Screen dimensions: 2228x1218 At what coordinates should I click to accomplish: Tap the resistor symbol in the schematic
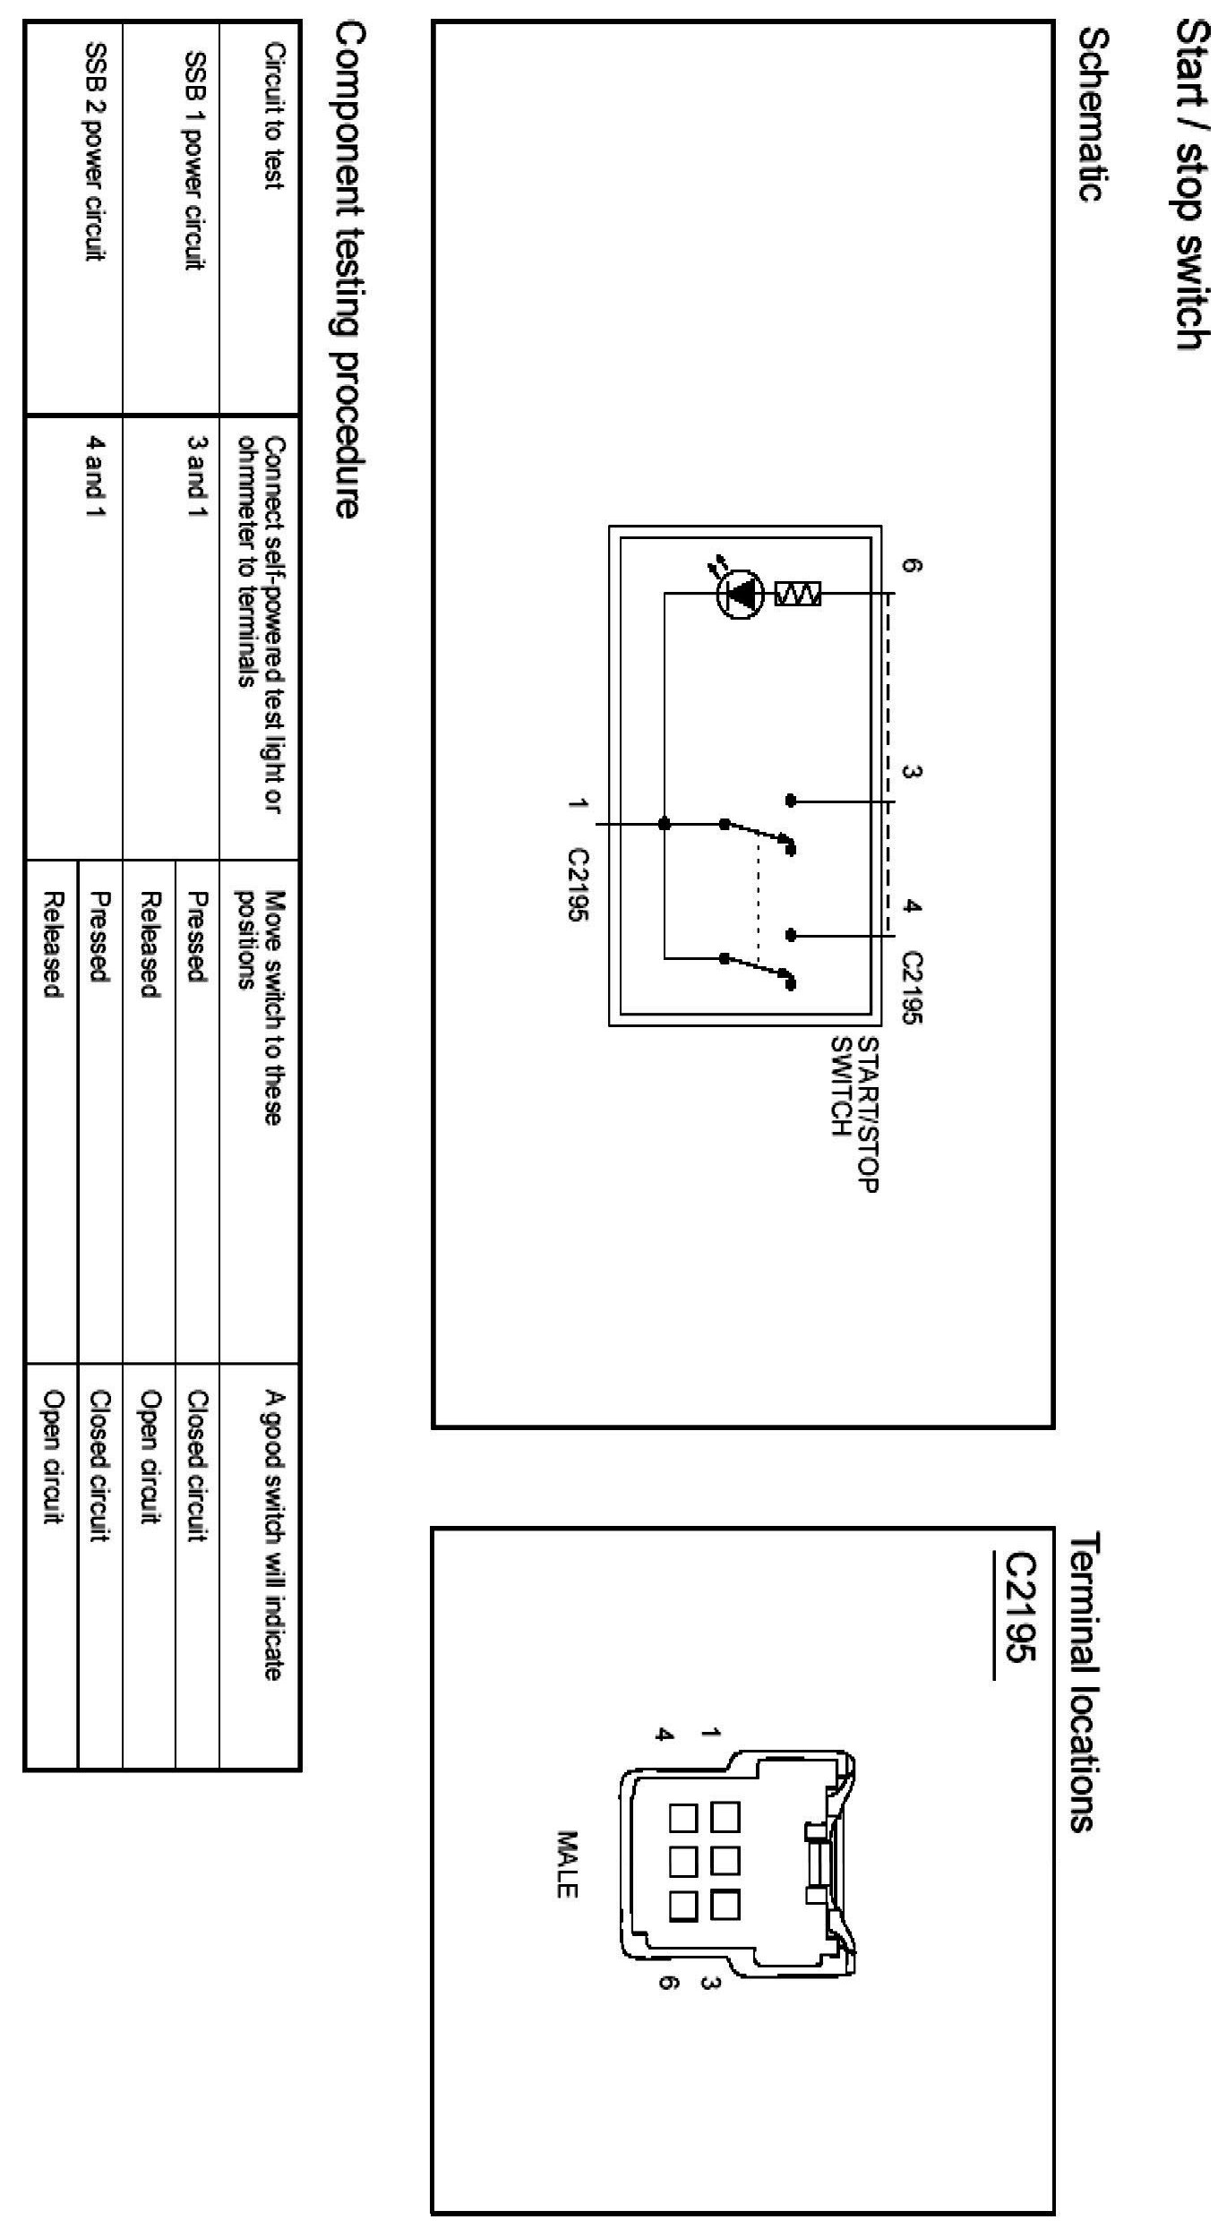pos(799,594)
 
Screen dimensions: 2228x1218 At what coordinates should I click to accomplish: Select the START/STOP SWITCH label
pos(855,1115)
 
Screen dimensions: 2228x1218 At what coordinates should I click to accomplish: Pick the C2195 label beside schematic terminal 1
pos(579,884)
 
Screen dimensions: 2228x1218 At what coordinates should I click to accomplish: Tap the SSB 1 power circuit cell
pos(196,160)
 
